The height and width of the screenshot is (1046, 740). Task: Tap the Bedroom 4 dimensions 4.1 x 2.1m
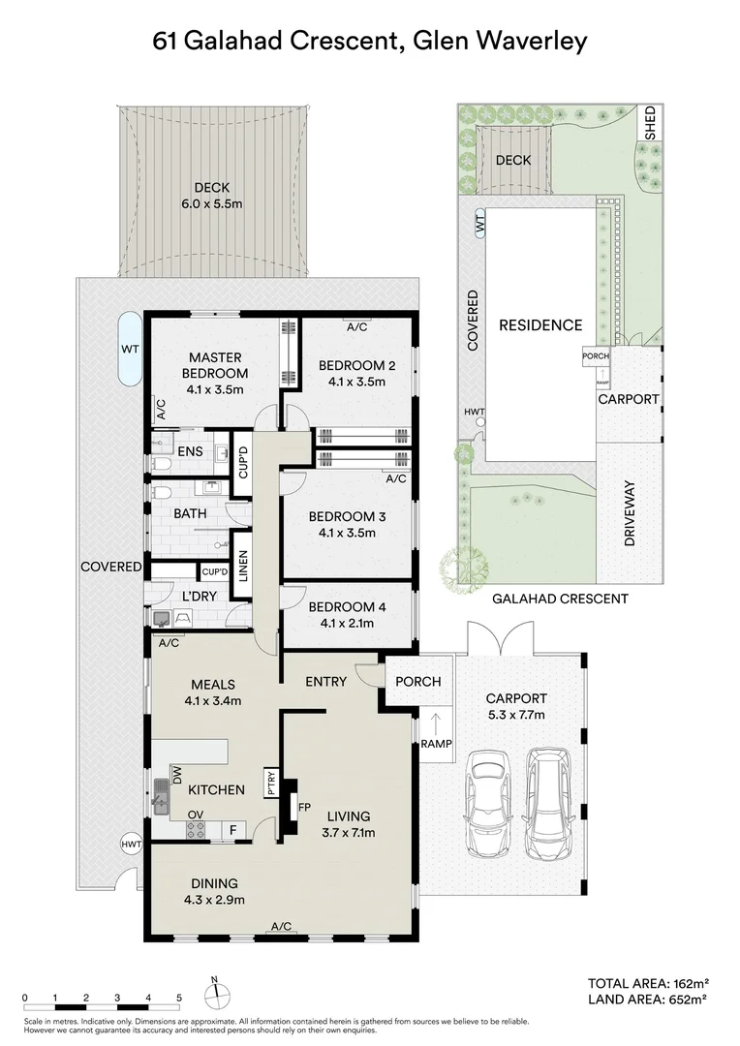(347, 624)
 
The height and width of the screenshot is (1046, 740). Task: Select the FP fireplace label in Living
(304, 807)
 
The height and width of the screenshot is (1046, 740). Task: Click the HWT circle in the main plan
(132, 844)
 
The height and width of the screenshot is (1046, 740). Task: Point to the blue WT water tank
(130, 349)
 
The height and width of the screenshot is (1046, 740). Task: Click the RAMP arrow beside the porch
(436, 723)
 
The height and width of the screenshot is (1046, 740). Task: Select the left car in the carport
(489, 804)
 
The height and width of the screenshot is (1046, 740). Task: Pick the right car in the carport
(549, 803)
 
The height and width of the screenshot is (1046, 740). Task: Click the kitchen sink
(162, 797)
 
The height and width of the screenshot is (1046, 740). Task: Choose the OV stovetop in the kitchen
(196, 829)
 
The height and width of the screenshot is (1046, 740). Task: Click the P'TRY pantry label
(271, 782)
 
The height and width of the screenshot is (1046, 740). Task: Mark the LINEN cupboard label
(243, 565)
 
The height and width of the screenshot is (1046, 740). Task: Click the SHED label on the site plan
(650, 122)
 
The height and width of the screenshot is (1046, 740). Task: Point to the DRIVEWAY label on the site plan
(630, 514)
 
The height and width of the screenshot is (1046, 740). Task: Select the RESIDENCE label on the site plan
(540, 324)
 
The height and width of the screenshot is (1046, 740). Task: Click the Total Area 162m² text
(648, 983)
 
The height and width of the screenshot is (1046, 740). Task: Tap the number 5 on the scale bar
(179, 998)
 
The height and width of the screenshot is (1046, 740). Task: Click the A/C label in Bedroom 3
(396, 478)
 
